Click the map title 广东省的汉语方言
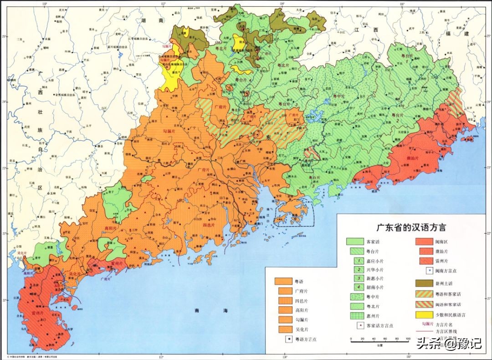pos(414,226)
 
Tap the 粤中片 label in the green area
pos(338,96)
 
